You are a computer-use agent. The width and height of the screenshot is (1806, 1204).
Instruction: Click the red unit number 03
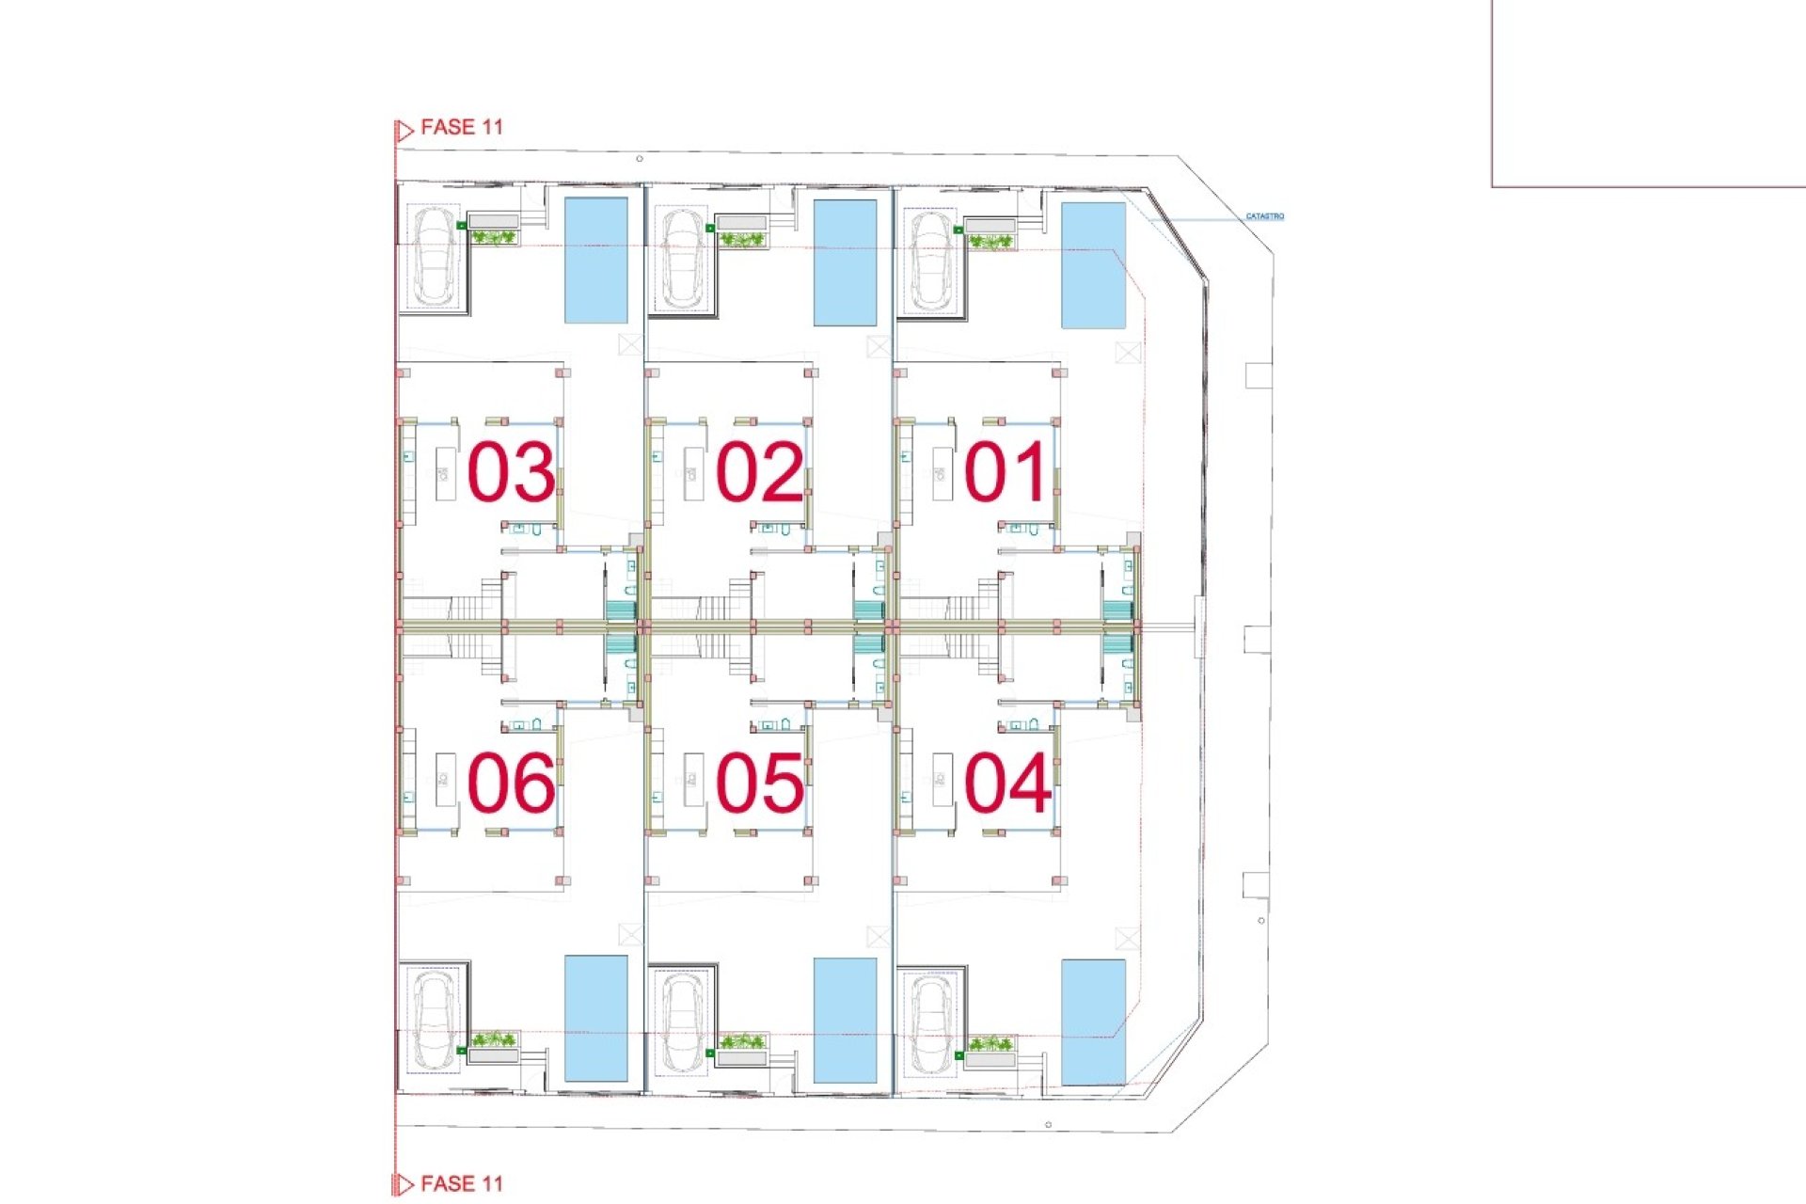[x=511, y=471]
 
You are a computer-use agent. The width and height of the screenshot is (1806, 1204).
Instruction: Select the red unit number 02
[x=759, y=471]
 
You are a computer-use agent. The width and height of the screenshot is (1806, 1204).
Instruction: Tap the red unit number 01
[x=1005, y=471]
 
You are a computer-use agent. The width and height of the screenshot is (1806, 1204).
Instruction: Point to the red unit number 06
[x=511, y=782]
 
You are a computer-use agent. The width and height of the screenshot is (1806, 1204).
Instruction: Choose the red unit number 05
[x=759, y=782]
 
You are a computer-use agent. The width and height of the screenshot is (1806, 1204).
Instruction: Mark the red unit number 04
[x=1006, y=782]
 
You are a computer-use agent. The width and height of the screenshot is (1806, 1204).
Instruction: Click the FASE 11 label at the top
[x=461, y=127]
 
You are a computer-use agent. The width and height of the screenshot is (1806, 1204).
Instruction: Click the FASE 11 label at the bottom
[x=461, y=1183]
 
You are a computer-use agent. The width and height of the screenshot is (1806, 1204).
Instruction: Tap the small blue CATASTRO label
[x=1264, y=216]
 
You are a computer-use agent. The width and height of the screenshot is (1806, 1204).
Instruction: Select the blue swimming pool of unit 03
[x=595, y=261]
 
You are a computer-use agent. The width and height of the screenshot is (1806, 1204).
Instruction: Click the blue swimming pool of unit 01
[x=1093, y=264]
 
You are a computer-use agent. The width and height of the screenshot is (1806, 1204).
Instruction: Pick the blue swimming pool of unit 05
[x=845, y=1020]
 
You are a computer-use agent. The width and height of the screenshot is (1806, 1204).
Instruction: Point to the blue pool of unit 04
[x=1093, y=1022]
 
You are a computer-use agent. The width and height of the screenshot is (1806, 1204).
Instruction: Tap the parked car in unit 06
[x=435, y=1020]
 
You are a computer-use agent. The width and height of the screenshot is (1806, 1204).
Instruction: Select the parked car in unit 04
[x=930, y=1023]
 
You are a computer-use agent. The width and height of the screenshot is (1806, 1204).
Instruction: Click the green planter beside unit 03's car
[x=493, y=238]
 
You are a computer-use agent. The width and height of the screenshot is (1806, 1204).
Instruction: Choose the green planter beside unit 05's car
[x=741, y=1041]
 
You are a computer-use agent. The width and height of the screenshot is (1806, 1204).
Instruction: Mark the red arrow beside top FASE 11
[x=404, y=131]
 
